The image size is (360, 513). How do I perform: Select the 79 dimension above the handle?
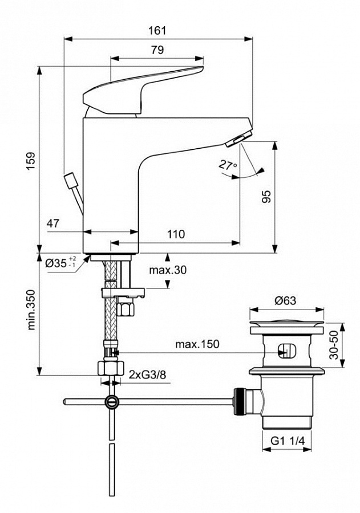[x=157, y=50]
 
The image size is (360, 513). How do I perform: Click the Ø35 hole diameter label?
[x=60, y=263]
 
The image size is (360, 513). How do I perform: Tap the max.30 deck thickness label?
[x=168, y=270]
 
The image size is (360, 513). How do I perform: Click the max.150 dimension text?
[x=197, y=344]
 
